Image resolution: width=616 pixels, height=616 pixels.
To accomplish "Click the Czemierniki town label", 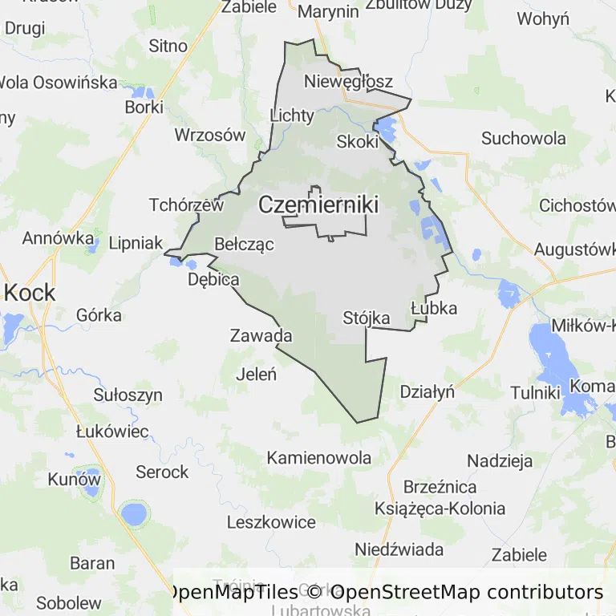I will [x=318, y=205].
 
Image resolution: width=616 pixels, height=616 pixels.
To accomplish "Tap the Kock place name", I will [x=30, y=293].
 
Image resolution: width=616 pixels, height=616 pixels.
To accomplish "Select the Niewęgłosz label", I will [x=349, y=82].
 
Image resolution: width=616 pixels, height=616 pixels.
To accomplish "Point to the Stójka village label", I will [x=367, y=318].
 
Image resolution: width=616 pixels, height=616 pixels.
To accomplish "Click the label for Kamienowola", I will [x=319, y=458].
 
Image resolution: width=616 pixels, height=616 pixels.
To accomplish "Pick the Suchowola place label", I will [x=524, y=138].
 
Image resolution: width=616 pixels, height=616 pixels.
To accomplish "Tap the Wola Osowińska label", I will [x=58, y=82].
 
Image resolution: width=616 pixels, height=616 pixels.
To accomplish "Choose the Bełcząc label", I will [x=245, y=244].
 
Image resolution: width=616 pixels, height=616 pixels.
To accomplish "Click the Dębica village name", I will [x=213, y=280].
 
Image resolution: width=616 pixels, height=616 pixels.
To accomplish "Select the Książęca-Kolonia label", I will [x=440, y=509].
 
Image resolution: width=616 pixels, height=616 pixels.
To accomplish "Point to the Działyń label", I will [x=427, y=392].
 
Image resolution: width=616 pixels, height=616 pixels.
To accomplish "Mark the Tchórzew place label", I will [x=186, y=205].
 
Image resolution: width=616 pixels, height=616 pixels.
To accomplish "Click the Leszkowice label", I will [x=271, y=522].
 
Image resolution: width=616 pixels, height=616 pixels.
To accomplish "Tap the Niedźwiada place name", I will [x=399, y=549].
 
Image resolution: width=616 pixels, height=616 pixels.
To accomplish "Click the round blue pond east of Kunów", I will [x=133, y=513].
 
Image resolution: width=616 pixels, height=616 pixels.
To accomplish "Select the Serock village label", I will [x=162, y=472].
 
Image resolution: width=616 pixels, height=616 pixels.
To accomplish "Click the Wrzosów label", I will [x=210, y=135].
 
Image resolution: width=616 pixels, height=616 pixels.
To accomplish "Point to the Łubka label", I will [x=433, y=308].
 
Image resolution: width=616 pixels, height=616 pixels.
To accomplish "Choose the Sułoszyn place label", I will [x=128, y=395].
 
